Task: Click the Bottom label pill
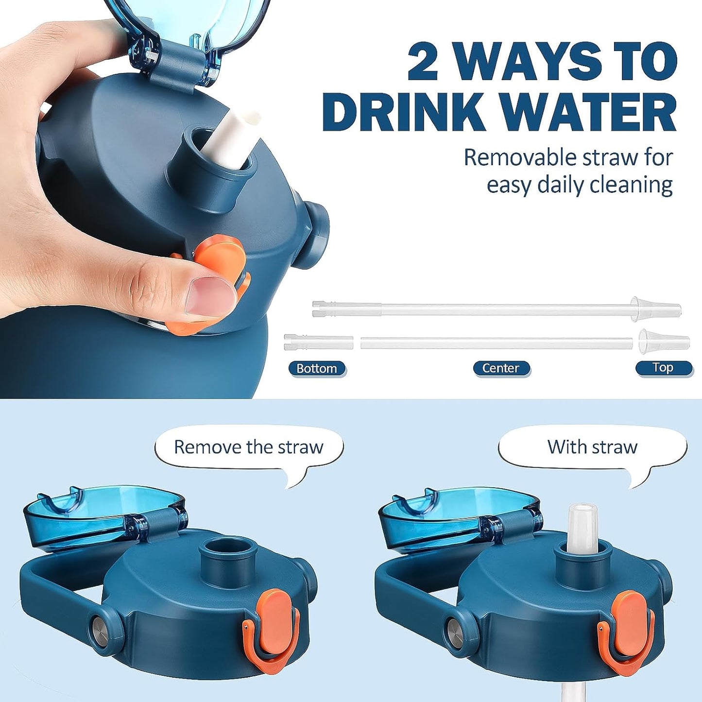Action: tap(317, 368)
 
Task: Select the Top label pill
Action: tap(663, 368)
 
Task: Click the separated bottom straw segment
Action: tap(318, 342)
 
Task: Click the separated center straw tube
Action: tap(496, 343)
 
